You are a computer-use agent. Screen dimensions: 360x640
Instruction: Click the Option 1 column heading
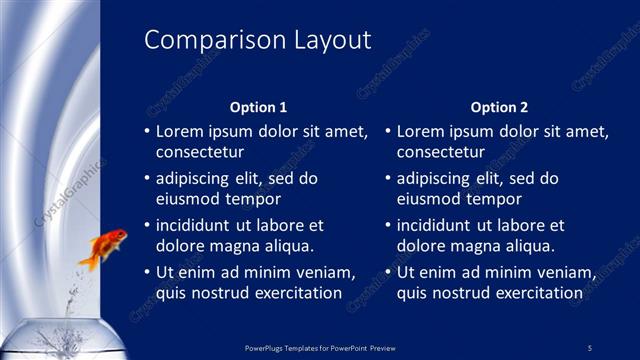click(x=258, y=107)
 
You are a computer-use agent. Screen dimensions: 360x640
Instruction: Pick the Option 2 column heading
click(x=499, y=107)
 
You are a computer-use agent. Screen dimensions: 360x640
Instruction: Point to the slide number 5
click(x=589, y=347)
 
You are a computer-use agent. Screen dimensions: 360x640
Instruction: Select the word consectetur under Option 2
click(x=441, y=152)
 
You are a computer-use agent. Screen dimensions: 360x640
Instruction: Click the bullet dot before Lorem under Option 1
click(x=146, y=132)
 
